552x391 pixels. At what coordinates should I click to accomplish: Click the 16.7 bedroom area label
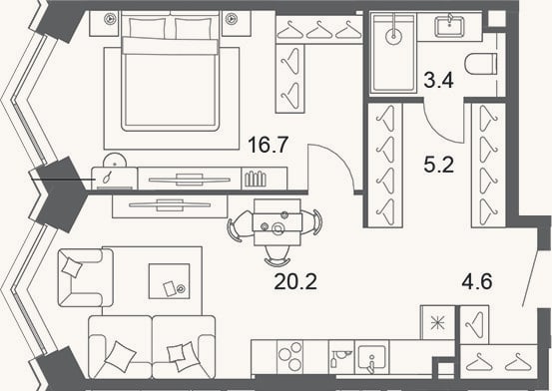[269, 145]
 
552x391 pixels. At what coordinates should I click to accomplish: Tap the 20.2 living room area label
[295, 281]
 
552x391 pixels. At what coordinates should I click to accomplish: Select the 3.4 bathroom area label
[438, 80]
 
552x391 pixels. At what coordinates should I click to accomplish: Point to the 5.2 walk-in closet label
[439, 165]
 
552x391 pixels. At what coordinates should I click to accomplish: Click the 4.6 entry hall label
[477, 281]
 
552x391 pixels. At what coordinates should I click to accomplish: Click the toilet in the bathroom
[480, 64]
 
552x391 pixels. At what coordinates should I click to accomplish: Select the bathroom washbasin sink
[449, 26]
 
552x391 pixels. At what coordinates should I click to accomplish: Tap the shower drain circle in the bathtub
[393, 36]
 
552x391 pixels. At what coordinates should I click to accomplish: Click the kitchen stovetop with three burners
[290, 356]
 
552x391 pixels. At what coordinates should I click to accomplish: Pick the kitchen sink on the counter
[371, 357]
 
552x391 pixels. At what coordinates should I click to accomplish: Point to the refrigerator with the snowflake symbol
[437, 322]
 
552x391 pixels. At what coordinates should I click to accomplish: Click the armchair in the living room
[85, 277]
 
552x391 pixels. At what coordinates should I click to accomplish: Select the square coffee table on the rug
[169, 281]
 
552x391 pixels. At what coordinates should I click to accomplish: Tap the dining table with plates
[277, 222]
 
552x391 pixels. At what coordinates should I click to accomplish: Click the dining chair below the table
[277, 256]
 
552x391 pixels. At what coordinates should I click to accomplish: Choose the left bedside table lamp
[110, 18]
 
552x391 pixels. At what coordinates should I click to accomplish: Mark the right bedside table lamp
[231, 18]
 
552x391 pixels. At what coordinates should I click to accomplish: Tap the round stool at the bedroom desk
[115, 161]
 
